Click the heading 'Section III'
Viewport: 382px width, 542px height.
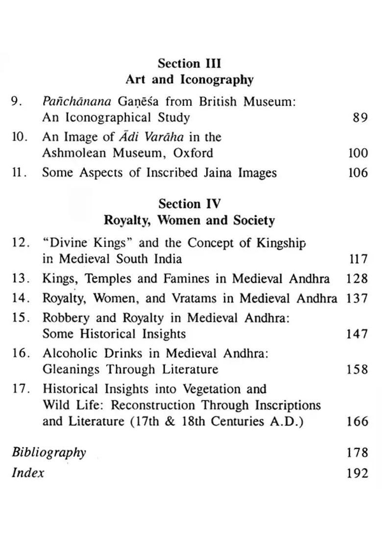click(189, 64)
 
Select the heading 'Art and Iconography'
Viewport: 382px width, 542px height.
click(189, 80)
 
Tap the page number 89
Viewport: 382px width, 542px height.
click(360, 118)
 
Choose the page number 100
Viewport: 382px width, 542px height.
click(358, 153)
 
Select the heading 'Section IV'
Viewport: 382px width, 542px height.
click(190, 204)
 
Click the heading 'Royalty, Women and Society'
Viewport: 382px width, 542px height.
click(189, 221)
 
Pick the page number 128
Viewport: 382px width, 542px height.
click(357, 279)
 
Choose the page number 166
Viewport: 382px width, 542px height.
click(357, 421)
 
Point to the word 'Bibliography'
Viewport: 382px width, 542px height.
click(49, 452)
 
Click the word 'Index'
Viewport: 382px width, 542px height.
click(28, 473)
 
